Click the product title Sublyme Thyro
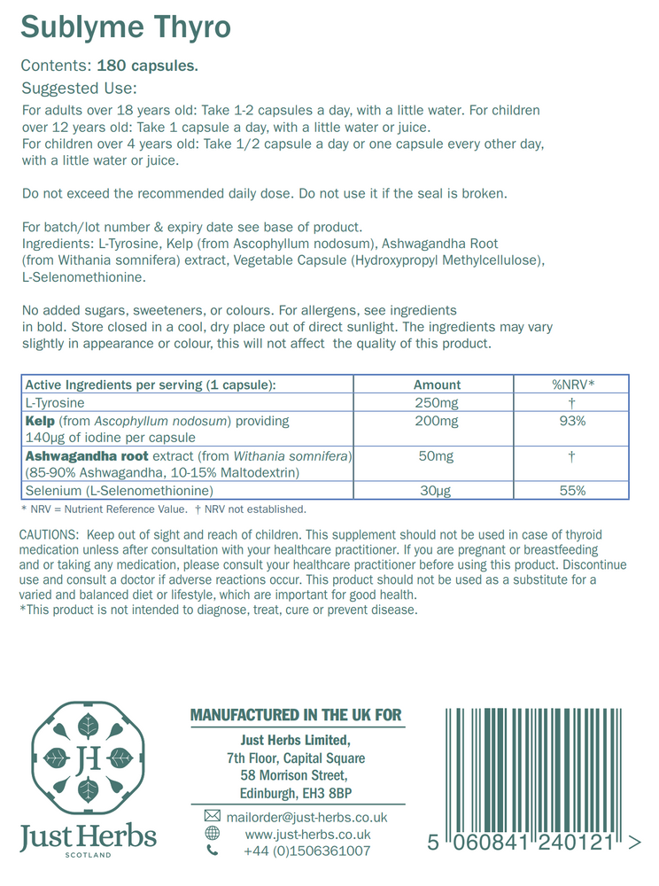pyautogui.click(x=125, y=27)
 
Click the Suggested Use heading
pyautogui.click(x=78, y=89)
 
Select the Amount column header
pyautogui.click(x=437, y=385)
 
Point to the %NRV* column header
pyautogui.click(x=572, y=385)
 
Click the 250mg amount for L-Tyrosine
pyautogui.click(x=437, y=402)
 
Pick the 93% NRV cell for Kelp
pyautogui.click(x=572, y=421)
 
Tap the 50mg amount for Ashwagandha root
pyautogui.click(x=437, y=455)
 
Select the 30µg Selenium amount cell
pyautogui.click(x=437, y=490)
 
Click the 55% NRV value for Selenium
pyautogui.click(x=572, y=490)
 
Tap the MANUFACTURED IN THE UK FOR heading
pyautogui.click(x=296, y=715)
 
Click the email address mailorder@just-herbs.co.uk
pyautogui.click(x=306, y=816)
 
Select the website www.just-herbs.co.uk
pyautogui.click(x=307, y=834)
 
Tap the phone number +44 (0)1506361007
pyautogui.click(x=306, y=851)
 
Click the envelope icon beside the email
pyautogui.click(x=212, y=816)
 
